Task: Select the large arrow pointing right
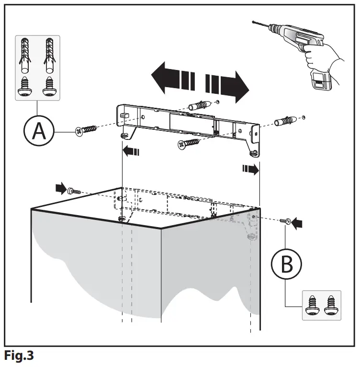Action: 228,83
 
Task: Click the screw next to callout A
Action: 86,129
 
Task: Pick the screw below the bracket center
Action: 189,143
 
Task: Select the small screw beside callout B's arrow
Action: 286,221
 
